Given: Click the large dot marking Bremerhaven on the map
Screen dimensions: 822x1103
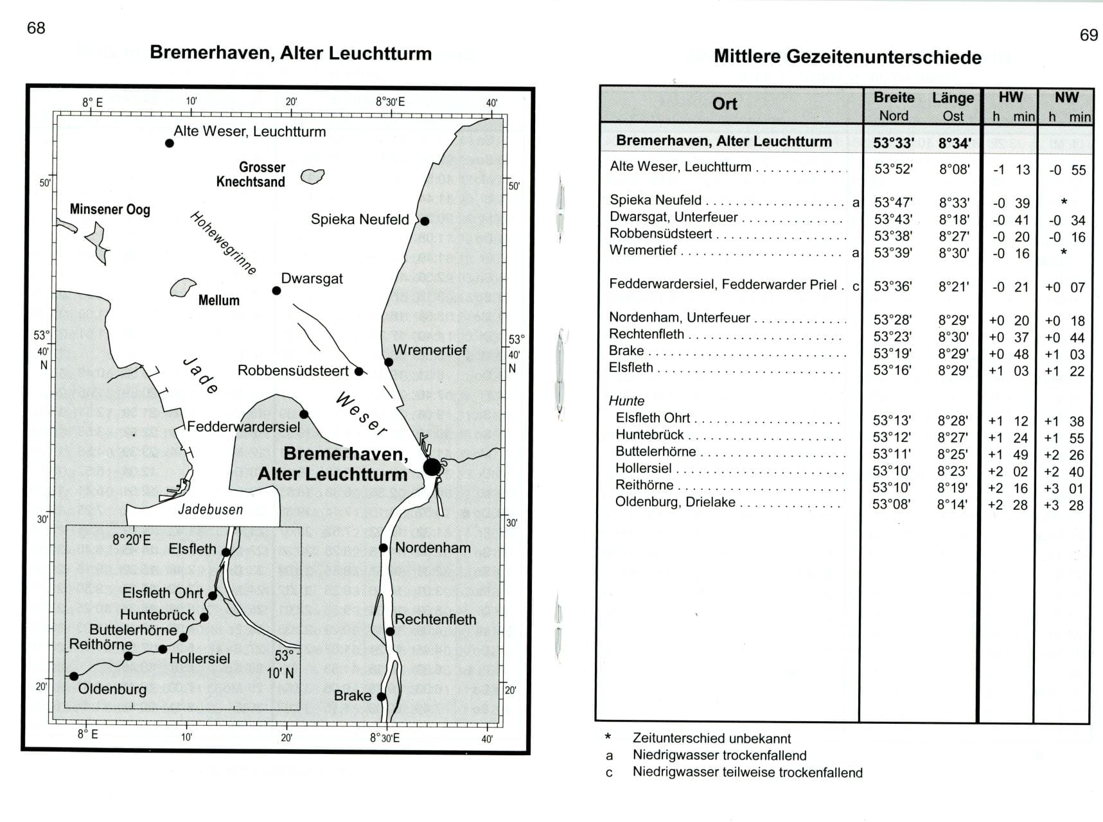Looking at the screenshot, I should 432,467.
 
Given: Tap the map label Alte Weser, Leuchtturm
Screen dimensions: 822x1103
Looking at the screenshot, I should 249,132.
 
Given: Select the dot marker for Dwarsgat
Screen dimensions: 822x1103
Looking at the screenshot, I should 276,291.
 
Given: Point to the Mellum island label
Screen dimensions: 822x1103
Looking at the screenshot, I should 218,300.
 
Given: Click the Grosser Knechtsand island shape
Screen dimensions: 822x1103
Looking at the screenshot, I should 313,175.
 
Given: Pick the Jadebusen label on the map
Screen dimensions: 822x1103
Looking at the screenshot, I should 210,510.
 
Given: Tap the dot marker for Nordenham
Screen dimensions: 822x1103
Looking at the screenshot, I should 384,548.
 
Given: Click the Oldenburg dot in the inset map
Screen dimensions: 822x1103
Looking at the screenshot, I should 74,676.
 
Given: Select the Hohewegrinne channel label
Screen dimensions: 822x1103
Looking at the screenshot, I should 223,243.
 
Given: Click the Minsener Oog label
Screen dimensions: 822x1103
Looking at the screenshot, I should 110,209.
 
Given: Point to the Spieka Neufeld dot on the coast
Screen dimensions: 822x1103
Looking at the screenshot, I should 425,221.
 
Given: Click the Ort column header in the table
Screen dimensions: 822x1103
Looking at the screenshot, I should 725,104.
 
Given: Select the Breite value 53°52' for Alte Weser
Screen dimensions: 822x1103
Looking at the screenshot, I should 894,170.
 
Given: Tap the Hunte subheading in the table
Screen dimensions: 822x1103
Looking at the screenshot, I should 626,401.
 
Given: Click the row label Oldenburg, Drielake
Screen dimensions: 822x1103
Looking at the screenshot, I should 675,502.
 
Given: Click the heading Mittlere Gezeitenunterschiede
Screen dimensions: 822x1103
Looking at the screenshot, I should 847,57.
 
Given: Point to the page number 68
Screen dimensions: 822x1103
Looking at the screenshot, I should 36,28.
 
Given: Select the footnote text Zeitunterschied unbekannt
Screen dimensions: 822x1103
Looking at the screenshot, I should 711,739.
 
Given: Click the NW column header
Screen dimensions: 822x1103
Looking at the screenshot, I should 1066,98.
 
